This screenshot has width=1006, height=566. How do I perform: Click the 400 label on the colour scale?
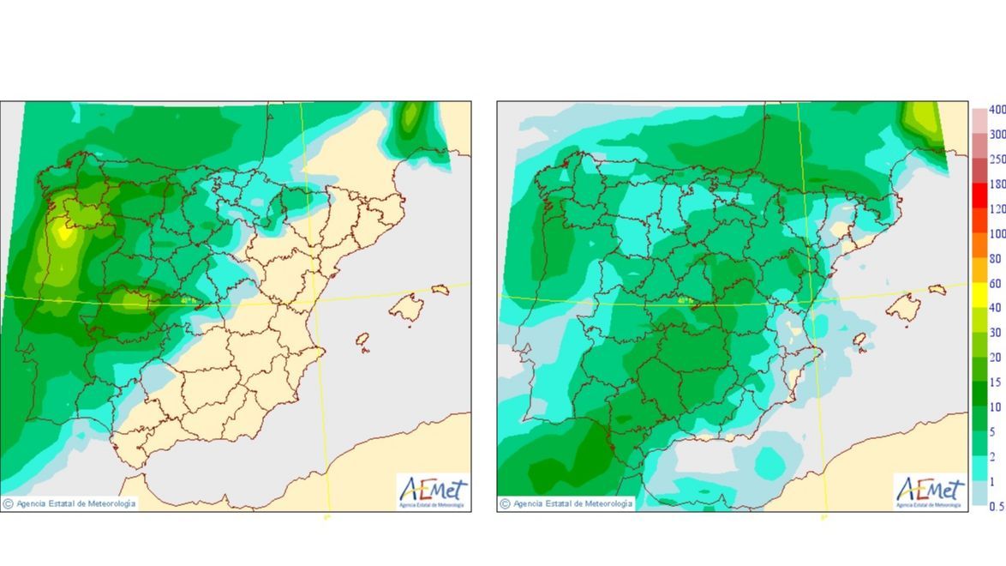coord(997,110)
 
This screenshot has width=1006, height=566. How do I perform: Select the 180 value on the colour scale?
coord(997,184)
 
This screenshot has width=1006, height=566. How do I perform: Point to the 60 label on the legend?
coord(995,283)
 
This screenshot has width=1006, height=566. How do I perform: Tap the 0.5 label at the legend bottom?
coord(997,506)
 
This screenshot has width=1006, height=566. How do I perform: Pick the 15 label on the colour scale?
coord(995,382)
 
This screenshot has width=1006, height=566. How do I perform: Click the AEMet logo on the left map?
coord(433,492)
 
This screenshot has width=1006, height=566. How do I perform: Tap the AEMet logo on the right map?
coord(930,492)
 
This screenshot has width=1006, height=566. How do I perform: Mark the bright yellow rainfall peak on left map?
coord(63,231)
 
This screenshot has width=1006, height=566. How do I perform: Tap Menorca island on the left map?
coord(440,290)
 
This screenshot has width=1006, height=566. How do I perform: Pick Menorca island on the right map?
coord(937,290)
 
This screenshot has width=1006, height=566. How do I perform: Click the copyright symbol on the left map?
coord(8,504)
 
